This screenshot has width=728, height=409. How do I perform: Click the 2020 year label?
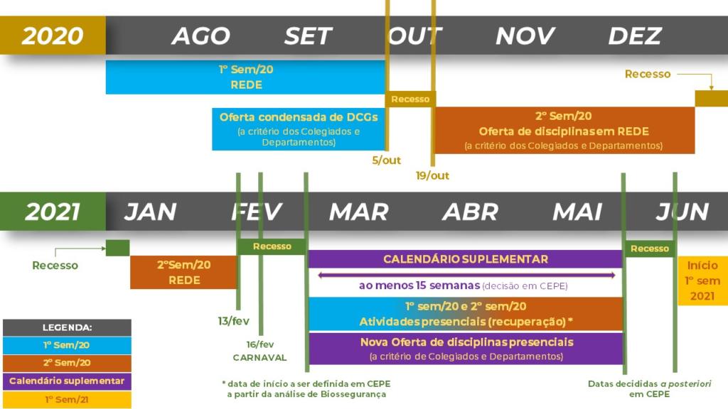53,36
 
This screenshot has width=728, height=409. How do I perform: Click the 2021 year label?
53,212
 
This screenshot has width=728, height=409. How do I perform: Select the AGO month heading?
200,36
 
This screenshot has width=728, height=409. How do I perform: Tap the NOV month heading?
525,36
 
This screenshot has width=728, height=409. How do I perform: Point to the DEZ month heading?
635,36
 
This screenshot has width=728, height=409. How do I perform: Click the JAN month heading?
150,212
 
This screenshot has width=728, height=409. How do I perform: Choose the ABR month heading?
470,212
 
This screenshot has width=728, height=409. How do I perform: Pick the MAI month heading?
577,212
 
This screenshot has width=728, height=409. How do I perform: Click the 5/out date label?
387,160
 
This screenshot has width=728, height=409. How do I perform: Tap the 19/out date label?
432,175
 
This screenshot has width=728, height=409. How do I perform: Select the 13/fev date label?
233,321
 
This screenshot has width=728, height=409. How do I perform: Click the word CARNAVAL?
259,357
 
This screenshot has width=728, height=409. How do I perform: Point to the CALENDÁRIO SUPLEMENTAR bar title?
466,259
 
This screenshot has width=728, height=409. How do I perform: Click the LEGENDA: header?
67,328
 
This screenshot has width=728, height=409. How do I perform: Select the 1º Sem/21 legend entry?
67,400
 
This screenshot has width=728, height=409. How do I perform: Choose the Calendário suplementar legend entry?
67,381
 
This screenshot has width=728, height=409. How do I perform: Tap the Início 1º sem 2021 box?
702,280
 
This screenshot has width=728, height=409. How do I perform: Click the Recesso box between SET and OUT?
410,99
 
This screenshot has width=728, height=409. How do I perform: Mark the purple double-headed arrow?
466,275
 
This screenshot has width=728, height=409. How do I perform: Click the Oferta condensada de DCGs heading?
299,117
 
